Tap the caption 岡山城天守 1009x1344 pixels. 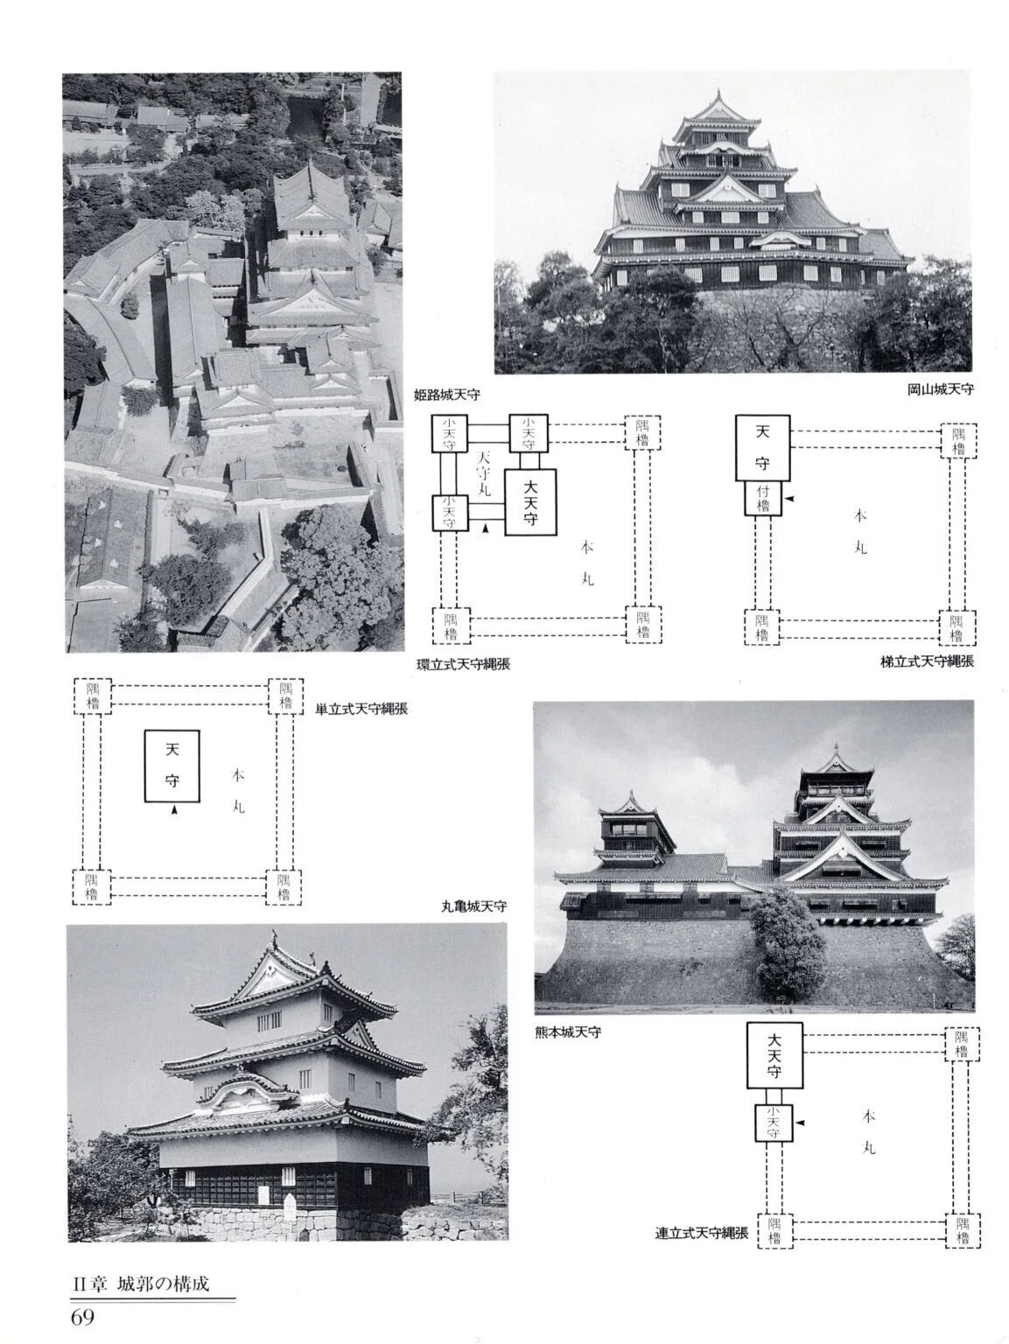pos(941,389)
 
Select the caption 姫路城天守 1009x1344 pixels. pos(447,395)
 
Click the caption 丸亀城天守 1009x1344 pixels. pos(474,906)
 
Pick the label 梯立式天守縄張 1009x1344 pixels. pos(927,661)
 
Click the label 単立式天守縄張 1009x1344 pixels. pos(361,710)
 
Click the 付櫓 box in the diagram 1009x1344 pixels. pos(763,498)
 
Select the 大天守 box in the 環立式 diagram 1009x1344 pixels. pos(530,503)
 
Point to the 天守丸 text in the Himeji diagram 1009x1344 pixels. pos(484,474)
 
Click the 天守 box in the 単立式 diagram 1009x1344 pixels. pos(172,766)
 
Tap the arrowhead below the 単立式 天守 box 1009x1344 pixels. pos(175,810)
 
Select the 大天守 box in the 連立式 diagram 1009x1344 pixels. pos(774,1055)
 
